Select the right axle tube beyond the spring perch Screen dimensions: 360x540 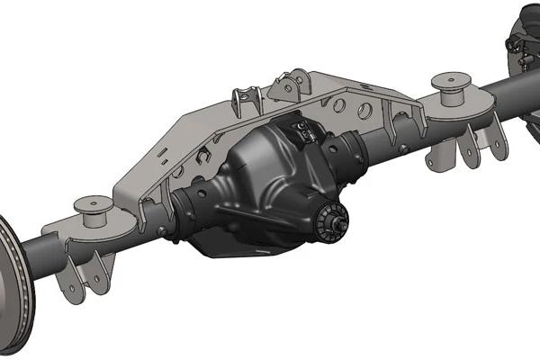coord(508,90)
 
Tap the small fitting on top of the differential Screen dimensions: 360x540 coord(306,133)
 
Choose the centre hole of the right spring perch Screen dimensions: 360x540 coord(450,79)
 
